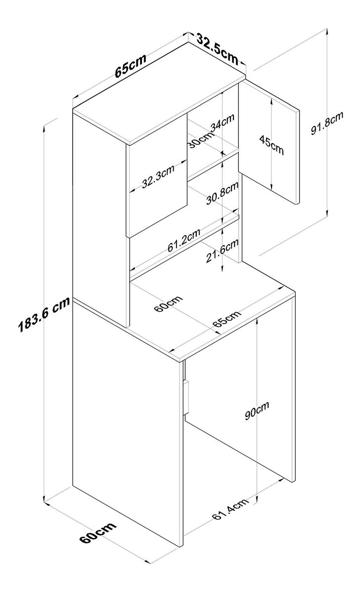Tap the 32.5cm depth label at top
click(x=217, y=47)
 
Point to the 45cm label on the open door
click(x=271, y=144)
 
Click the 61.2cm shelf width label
click(x=183, y=241)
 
